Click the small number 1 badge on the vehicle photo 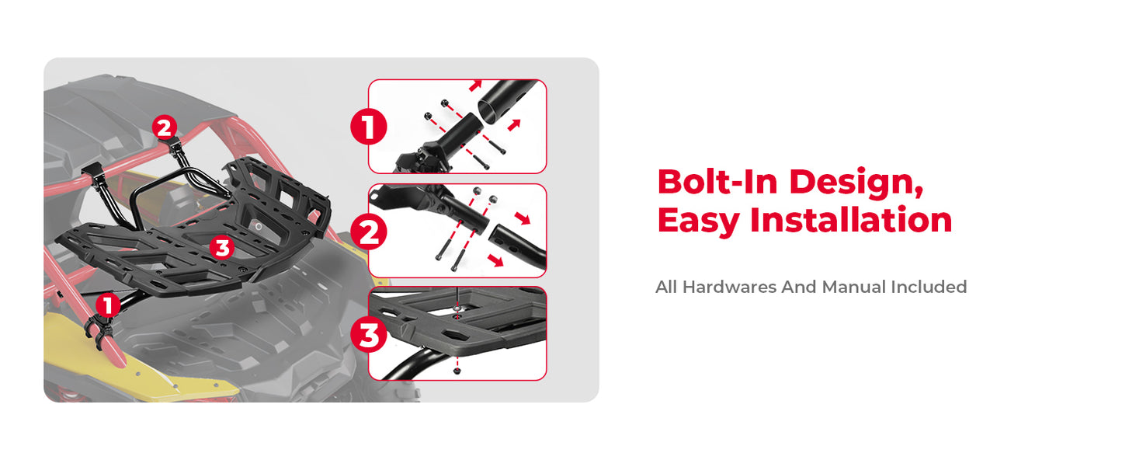click(x=108, y=305)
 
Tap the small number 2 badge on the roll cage click(x=165, y=127)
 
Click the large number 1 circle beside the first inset click(x=369, y=127)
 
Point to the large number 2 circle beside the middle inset click(x=369, y=232)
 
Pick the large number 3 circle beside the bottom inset click(x=369, y=335)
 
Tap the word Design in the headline click(x=856, y=184)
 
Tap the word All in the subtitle click(x=666, y=287)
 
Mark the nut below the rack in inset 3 click(x=457, y=371)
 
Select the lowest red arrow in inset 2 click(x=496, y=260)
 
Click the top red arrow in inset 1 click(x=475, y=85)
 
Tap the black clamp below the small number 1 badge click(x=101, y=329)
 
